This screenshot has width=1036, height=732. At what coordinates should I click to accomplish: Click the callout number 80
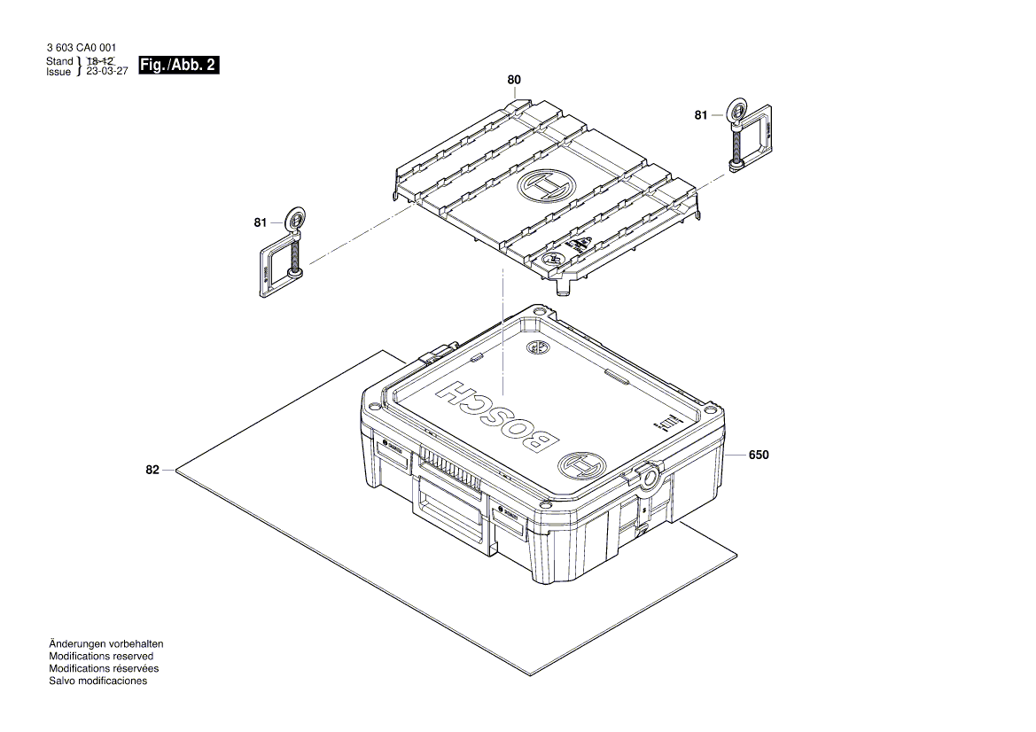tap(514, 80)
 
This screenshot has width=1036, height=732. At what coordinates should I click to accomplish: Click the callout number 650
tap(759, 455)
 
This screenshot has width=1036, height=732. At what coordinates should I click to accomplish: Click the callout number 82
tap(152, 470)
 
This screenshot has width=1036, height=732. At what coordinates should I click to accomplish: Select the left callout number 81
tap(260, 223)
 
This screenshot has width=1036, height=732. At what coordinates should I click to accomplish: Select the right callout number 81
tap(701, 115)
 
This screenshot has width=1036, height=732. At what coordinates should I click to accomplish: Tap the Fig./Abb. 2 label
tap(178, 65)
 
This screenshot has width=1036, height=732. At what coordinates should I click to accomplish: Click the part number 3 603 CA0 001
tap(80, 47)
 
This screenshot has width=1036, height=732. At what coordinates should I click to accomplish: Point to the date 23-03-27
tap(107, 72)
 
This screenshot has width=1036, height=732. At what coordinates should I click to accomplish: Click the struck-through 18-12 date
tap(99, 60)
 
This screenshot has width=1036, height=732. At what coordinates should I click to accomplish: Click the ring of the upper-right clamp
tap(735, 112)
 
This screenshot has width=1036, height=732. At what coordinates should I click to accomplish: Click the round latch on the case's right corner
tap(648, 477)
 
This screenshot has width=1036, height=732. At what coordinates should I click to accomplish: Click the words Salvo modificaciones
tap(98, 681)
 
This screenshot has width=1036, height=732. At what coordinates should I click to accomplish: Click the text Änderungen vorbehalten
tap(106, 643)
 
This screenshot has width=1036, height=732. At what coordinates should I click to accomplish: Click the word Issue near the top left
tap(58, 73)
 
